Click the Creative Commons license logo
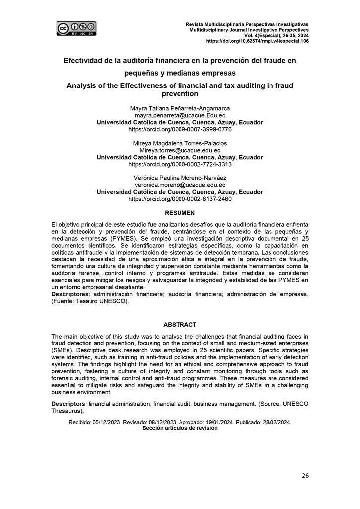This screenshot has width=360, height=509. tap(76, 28)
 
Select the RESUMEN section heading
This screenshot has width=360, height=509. tap(180, 213)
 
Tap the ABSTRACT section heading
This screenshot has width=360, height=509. tap(180, 324)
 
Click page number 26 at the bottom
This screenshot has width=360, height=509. tap(305, 476)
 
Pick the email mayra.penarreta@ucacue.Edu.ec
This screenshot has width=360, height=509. tap(180, 115)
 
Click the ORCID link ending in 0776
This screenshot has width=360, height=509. tap(180, 129)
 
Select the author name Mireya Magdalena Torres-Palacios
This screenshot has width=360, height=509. tap(180, 143)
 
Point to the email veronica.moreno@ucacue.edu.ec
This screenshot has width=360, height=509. tap(180, 185)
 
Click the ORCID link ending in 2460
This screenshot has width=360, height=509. tap(180, 199)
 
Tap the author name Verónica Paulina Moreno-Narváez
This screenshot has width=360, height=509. tap(180, 178)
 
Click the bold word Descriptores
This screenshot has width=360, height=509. tap(71, 294)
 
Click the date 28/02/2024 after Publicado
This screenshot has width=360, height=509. tap(275, 422)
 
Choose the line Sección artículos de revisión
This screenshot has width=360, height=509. tap(180, 428)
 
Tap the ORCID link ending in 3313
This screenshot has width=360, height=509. tap(180, 164)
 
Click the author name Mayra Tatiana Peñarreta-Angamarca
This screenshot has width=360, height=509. tap(180, 108)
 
